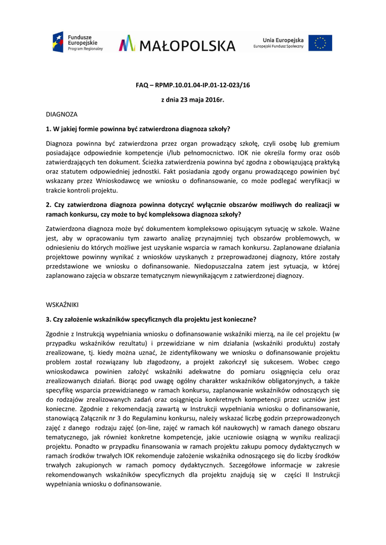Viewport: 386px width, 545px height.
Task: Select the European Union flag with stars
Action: [x=321, y=43]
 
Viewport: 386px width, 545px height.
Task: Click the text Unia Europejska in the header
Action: [x=283, y=40]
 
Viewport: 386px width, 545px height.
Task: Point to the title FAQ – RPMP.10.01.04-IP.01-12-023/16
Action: [x=193, y=85]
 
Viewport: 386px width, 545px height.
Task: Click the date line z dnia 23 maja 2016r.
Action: [x=193, y=100]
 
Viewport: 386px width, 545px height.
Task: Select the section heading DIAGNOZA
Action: [x=62, y=114]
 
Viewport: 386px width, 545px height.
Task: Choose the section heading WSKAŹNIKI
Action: [x=62, y=304]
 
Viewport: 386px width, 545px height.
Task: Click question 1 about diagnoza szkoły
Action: [x=138, y=129]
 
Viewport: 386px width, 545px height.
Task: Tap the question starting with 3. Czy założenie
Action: [x=151, y=319]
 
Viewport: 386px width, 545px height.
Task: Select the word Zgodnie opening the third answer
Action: [x=59, y=334]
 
